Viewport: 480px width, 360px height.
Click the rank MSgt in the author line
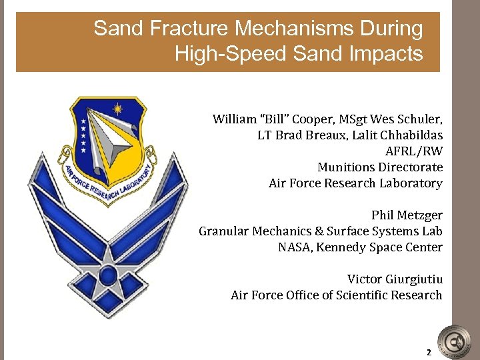349,119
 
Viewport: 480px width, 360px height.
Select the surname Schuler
420,119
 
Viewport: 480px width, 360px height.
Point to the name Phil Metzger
407,215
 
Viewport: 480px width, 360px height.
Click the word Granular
224,231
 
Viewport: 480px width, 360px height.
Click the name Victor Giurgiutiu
395,279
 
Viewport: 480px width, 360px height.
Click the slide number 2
429,352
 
